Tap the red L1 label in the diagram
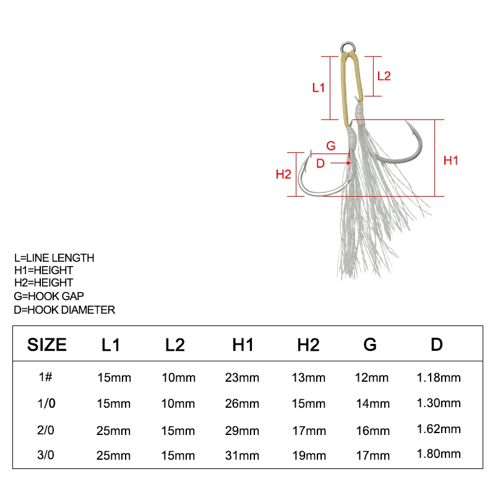pyautogui.click(x=318, y=88)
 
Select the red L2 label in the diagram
pyautogui.click(x=384, y=75)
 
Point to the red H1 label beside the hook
pyautogui.click(x=451, y=160)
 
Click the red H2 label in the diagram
pyautogui.click(x=283, y=174)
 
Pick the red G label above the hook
pyautogui.click(x=330, y=146)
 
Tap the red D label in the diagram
pyautogui.click(x=321, y=163)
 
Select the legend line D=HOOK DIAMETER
pyautogui.click(x=64, y=309)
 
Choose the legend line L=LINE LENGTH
pyautogui.click(x=54, y=257)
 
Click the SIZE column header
pyautogui.click(x=46, y=345)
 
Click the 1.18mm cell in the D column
pyautogui.click(x=437, y=377)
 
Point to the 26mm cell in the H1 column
pyautogui.click(x=243, y=403)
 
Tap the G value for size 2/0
pyautogui.click(x=372, y=430)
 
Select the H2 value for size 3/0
pyautogui.click(x=308, y=455)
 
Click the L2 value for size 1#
pyautogui.click(x=179, y=377)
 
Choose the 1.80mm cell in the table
pyautogui.click(x=437, y=454)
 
